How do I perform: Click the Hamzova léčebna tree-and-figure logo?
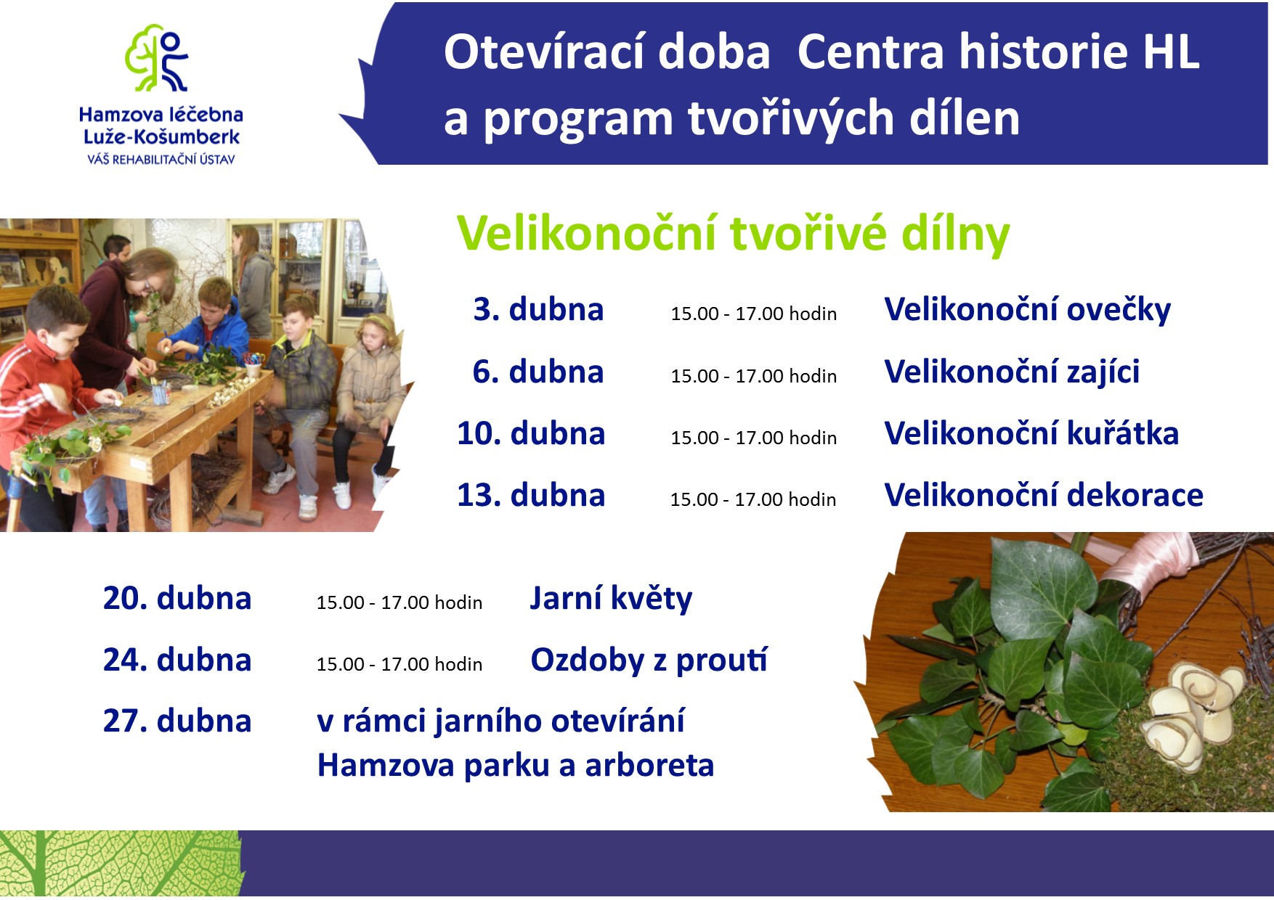(x=157, y=58)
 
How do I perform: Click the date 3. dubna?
(x=538, y=309)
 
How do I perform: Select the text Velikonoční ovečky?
(x=1027, y=310)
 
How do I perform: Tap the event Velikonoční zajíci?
(x=1012, y=372)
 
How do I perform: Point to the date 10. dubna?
(x=531, y=433)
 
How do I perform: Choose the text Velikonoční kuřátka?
(x=1031, y=433)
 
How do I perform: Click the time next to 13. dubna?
(x=752, y=499)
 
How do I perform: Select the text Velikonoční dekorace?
(x=1044, y=495)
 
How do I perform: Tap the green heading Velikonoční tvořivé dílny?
(x=733, y=234)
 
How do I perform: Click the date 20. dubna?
(x=177, y=598)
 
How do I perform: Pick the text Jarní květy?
(x=611, y=600)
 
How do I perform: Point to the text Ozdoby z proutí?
(x=649, y=660)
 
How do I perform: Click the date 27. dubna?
(x=177, y=721)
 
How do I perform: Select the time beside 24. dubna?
(x=399, y=664)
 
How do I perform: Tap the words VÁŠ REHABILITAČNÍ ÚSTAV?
(x=161, y=159)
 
